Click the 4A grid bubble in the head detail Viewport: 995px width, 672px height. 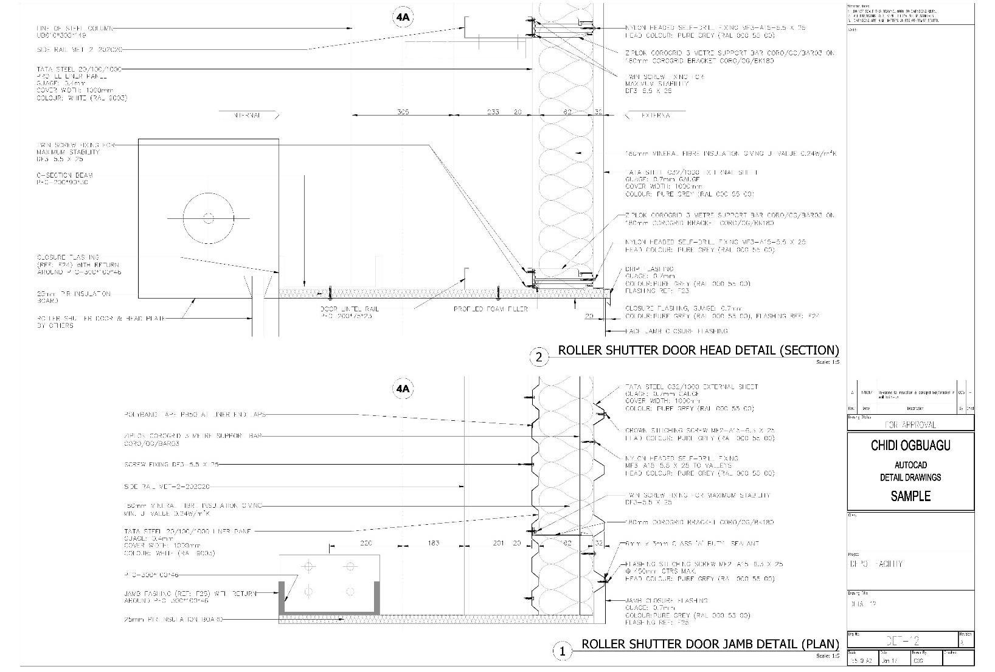(403, 18)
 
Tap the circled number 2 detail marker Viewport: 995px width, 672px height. (539, 358)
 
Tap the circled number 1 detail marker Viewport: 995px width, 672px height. (562, 651)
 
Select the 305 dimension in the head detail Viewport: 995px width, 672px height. (403, 112)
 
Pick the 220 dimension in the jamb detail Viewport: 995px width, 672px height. (366, 543)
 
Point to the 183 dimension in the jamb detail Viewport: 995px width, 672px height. (433, 543)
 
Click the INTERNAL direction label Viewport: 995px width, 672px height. (248, 116)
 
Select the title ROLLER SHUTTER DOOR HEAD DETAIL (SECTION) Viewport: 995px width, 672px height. (698, 350)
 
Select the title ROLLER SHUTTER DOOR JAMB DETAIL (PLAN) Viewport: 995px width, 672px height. (710, 644)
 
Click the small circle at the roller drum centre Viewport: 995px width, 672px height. (208, 218)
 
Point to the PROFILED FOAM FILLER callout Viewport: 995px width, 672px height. (490, 309)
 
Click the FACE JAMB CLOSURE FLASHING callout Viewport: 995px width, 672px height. (676, 331)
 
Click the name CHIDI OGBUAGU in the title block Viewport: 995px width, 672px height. (910, 446)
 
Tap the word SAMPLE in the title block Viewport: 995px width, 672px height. (910, 496)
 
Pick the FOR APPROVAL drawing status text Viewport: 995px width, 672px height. (910, 424)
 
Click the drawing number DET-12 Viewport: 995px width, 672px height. (903, 640)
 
